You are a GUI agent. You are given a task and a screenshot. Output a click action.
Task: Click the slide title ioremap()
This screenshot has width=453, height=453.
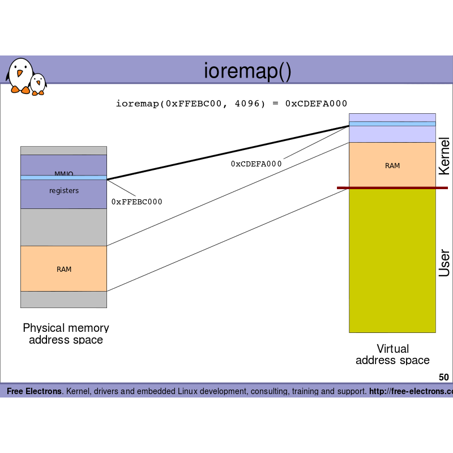pos(247,71)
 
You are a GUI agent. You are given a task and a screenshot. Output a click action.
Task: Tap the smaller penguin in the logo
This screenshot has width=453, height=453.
pos(38,84)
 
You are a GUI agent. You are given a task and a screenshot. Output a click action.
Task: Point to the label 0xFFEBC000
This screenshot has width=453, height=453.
pos(136,202)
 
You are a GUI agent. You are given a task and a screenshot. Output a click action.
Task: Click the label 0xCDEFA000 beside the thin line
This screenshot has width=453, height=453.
pos(256,164)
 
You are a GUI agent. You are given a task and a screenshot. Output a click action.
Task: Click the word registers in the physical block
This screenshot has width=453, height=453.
pos(64,191)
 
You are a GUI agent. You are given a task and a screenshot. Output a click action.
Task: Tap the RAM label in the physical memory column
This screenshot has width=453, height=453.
pos(64,269)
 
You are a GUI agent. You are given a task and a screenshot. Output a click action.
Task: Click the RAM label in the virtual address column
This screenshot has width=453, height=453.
pos(392,165)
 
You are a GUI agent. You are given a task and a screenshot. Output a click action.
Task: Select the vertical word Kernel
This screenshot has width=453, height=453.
pos(445,156)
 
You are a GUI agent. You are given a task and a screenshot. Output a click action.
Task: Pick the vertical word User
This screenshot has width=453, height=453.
pos(445,263)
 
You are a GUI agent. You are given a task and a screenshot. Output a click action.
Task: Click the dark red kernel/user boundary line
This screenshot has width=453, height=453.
pos(392,187)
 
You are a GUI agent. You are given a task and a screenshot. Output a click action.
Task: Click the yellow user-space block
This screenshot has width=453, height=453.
pos(392,260)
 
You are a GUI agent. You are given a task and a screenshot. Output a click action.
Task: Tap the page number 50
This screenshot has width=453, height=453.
pos(443,377)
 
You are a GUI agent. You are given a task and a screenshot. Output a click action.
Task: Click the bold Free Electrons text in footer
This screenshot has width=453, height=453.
pos(34,391)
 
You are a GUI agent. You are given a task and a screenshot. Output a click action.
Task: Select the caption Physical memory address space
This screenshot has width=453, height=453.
pos(66,334)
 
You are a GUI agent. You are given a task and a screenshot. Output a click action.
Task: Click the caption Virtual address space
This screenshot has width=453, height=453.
pos(392,354)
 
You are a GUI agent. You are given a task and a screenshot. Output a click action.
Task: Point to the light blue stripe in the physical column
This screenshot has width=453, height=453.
pos(63,178)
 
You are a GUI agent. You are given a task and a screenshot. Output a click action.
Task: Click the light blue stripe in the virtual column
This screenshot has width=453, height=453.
pos(392,123)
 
